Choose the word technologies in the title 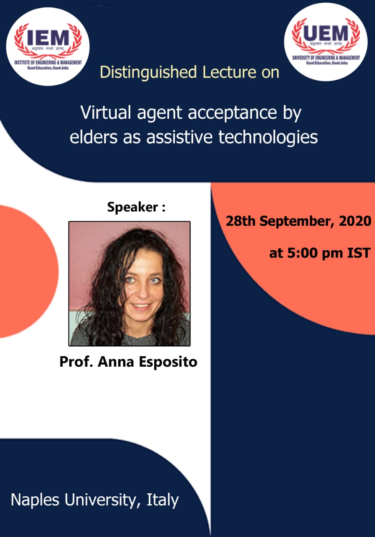coord(268,137)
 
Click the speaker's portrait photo coord(129,284)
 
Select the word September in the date coord(295,221)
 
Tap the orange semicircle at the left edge coord(25,271)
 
